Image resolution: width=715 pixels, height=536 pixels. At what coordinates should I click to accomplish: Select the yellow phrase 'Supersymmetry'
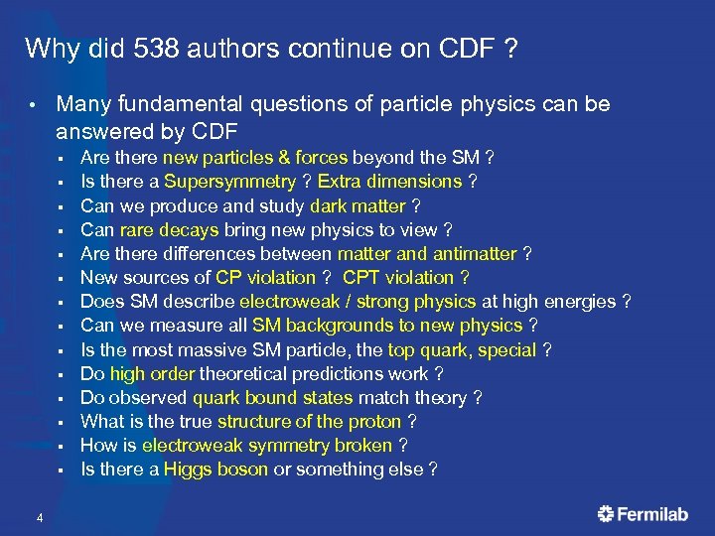click(x=229, y=182)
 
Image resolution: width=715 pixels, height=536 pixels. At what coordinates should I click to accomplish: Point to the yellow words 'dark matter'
click(x=357, y=206)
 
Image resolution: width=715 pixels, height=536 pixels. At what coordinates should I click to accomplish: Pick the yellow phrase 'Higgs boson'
click(x=215, y=469)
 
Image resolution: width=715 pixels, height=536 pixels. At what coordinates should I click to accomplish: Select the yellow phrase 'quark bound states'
click(x=272, y=398)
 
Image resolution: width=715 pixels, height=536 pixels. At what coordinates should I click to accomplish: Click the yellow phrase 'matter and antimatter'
click(x=427, y=254)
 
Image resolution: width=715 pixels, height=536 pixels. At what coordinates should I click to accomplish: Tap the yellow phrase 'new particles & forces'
click(x=255, y=158)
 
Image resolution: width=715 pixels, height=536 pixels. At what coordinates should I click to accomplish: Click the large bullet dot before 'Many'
click(x=33, y=105)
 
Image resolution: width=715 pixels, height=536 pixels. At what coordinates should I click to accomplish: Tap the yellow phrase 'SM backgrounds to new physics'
click(x=387, y=326)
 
